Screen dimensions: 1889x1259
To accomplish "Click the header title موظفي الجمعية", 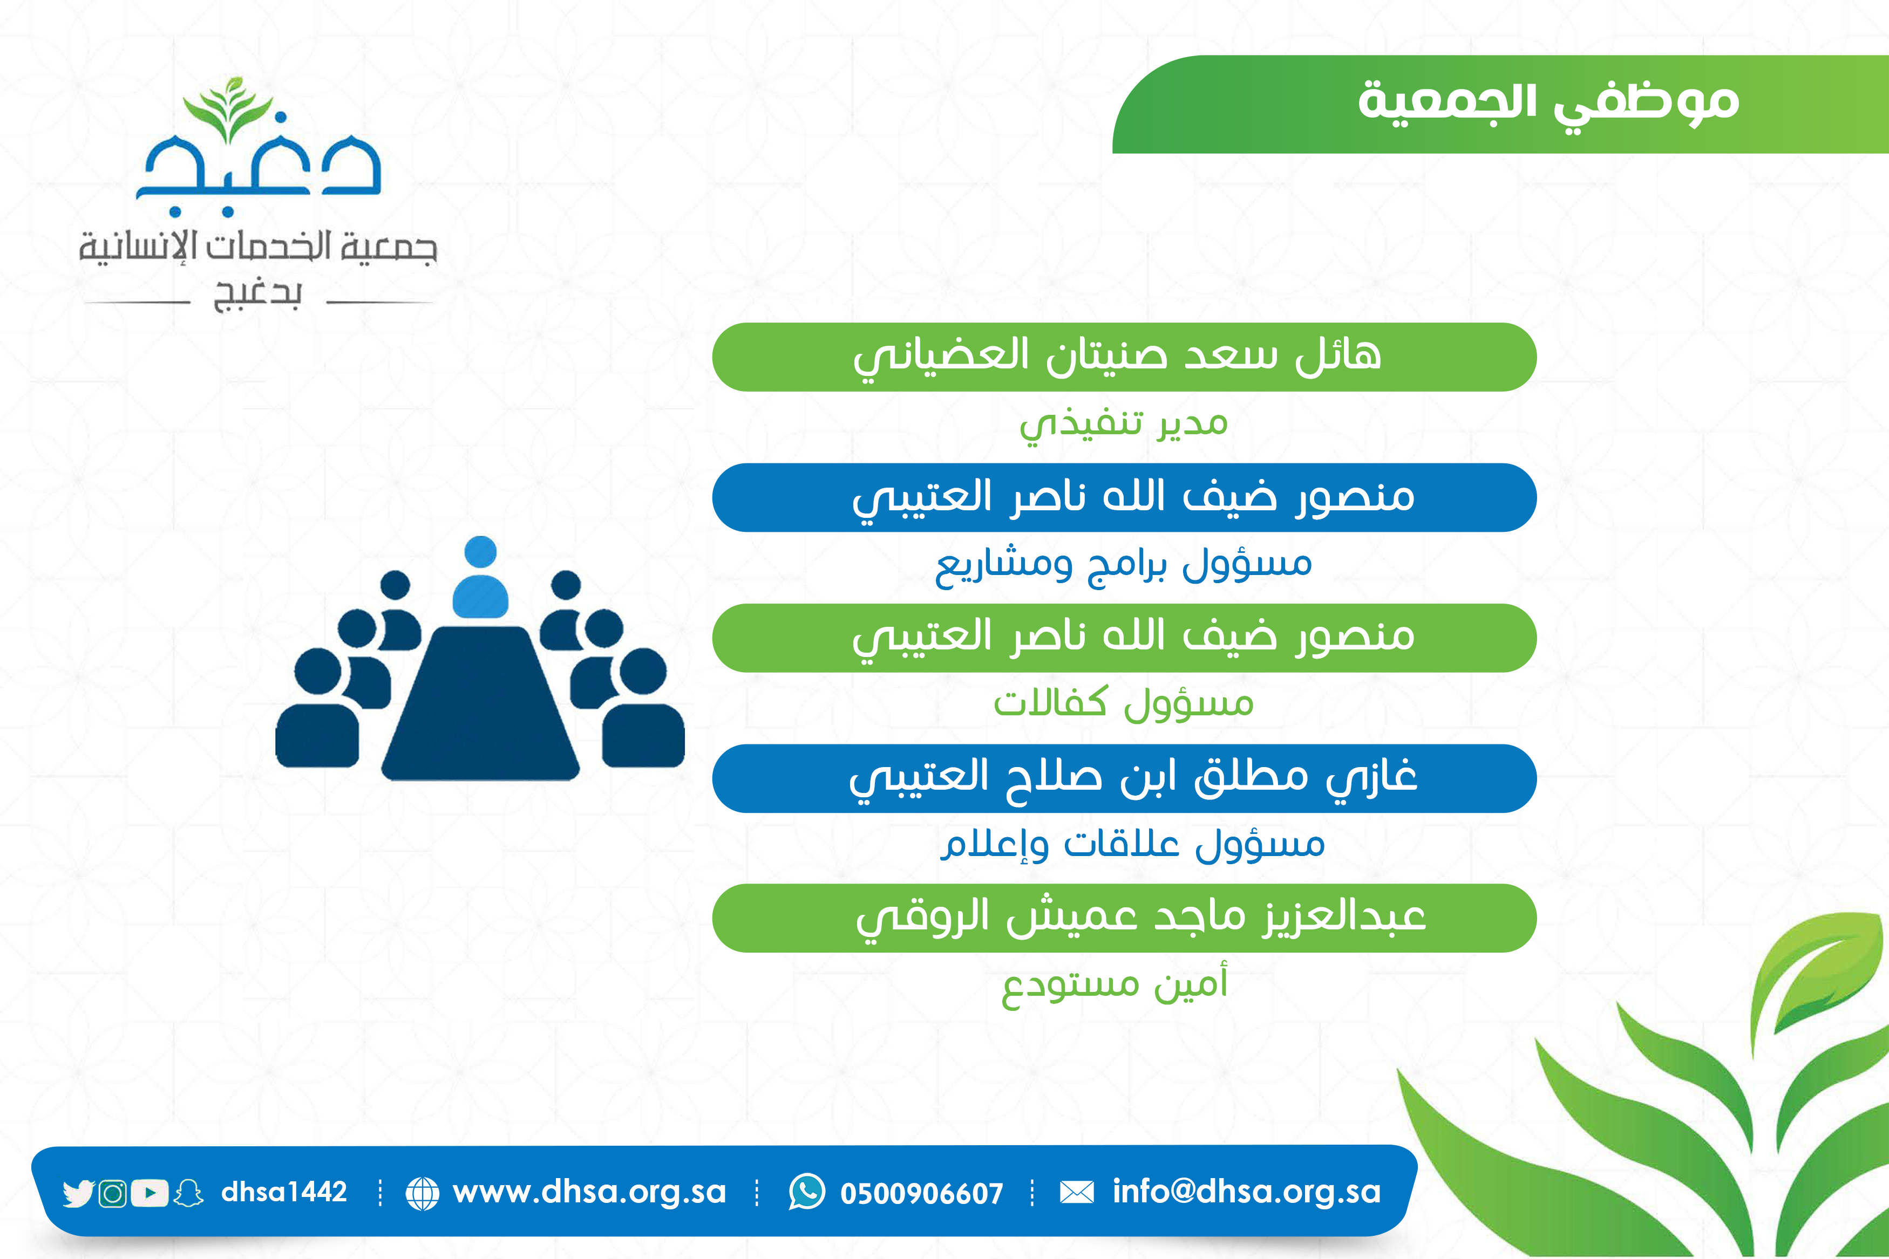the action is (x=1548, y=104).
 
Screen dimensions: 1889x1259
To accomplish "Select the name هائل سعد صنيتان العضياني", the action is (x=1117, y=357).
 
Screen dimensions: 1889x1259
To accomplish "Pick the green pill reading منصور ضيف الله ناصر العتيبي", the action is (x=1124, y=638).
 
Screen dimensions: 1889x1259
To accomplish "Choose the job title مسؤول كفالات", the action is (x=1124, y=703).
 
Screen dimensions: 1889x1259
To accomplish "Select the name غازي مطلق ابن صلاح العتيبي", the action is (x=1133, y=778).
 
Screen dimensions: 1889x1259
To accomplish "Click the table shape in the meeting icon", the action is (x=480, y=702).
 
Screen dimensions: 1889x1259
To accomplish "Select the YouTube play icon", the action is (x=150, y=1193).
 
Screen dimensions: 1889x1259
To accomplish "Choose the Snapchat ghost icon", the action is (x=189, y=1193).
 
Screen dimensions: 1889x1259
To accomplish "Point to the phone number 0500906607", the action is (x=921, y=1194).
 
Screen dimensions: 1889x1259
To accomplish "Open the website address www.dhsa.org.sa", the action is (x=589, y=1192).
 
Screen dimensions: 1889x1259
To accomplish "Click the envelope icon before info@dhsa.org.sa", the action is (x=1077, y=1192).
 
